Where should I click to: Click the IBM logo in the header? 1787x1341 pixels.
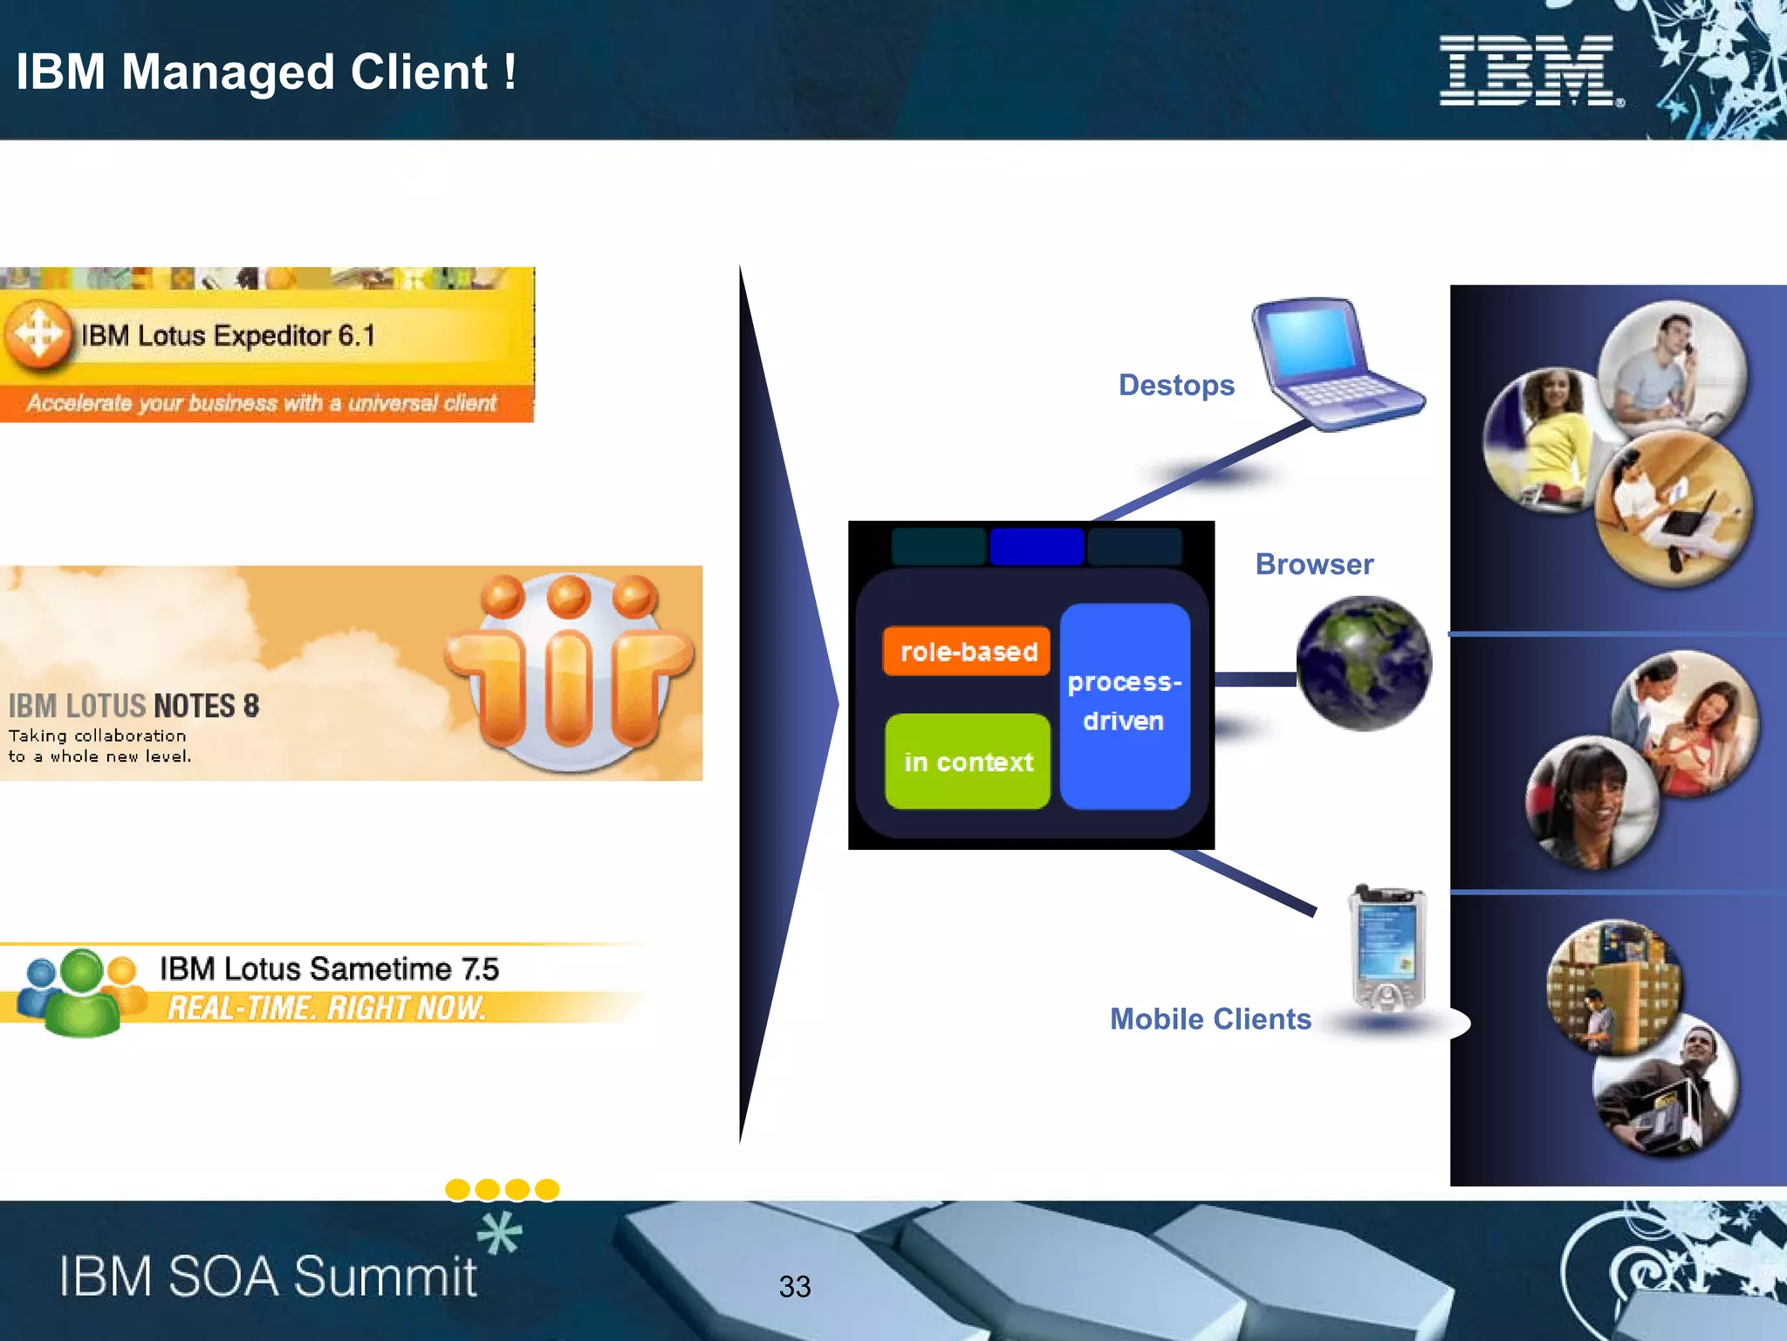pyautogui.click(x=1530, y=71)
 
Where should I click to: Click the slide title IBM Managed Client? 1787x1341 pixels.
pyautogui.click(x=266, y=72)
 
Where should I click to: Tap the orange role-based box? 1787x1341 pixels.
pyautogui.click(x=967, y=651)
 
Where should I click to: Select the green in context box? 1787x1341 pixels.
pyautogui.click(x=967, y=762)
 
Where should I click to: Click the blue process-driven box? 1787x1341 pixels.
pyautogui.click(x=1124, y=703)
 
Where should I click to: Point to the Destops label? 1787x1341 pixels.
pyautogui.click(x=1175, y=385)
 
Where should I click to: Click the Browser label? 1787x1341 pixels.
pyautogui.click(x=1313, y=564)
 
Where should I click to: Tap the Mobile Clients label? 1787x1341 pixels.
pyautogui.click(x=1209, y=1018)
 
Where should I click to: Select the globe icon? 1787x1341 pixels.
pyautogui.click(x=1363, y=663)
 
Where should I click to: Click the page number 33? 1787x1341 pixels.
pyautogui.click(x=794, y=1286)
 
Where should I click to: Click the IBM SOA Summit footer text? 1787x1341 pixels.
pyautogui.click(x=267, y=1276)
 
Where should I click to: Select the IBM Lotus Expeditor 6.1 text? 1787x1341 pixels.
pyautogui.click(x=228, y=336)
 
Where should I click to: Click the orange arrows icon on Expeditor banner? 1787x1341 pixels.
pyautogui.click(x=38, y=333)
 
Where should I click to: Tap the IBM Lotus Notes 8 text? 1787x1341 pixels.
pyautogui.click(x=134, y=706)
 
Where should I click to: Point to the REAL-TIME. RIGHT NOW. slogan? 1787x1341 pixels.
pyautogui.click(x=325, y=1008)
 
